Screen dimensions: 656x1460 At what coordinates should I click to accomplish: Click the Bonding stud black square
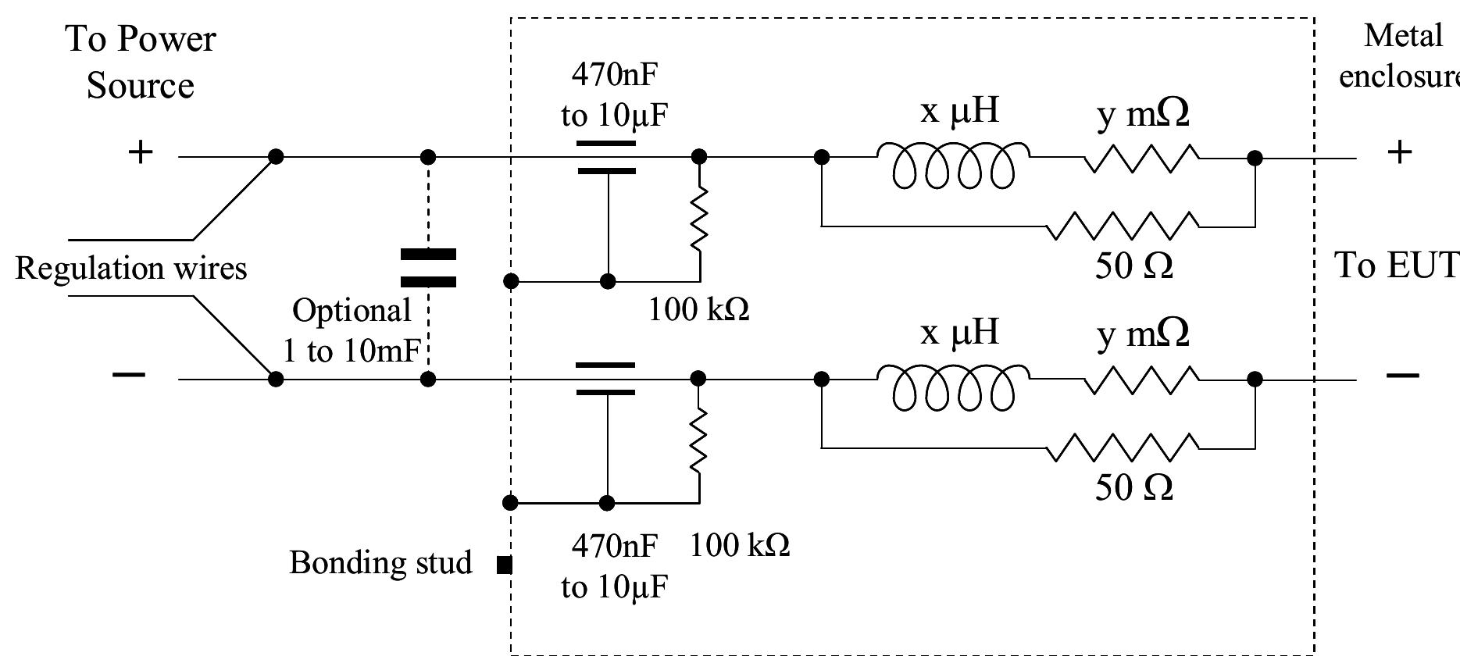505,564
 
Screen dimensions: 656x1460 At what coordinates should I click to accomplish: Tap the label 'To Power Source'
141,62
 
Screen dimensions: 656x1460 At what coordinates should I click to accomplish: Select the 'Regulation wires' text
131,269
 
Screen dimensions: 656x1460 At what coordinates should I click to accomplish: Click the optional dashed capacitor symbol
428,268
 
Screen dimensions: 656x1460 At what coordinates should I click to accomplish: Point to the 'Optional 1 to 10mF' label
352,330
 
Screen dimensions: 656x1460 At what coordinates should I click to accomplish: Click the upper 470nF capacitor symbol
606,157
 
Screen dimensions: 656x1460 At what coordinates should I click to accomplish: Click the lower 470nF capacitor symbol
605,379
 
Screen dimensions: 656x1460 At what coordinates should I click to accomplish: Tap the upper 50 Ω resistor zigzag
1122,226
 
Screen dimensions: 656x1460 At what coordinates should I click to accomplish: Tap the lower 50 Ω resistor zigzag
1122,447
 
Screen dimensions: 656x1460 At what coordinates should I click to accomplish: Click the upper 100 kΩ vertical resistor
699,219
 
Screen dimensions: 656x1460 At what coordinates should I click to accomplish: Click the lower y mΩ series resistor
1141,379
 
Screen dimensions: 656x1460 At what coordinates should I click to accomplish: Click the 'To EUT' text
1395,266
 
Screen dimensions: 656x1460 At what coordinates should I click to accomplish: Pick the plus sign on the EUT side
1400,152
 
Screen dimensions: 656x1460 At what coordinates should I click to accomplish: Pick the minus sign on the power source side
129,376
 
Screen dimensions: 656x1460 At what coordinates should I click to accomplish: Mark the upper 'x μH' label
959,111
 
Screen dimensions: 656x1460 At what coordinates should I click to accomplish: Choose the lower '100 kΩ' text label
739,544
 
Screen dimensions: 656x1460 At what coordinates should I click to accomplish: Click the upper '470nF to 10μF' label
615,95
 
